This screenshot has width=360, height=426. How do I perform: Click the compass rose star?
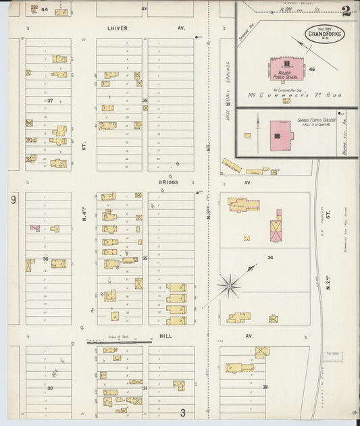(230, 286)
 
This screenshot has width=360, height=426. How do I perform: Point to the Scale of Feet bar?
(118, 342)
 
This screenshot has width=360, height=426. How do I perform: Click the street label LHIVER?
(117, 28)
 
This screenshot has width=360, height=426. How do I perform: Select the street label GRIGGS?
(167, 182)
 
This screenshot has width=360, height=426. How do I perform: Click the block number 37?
(50, 101)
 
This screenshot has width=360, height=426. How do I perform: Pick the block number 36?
(46, 259)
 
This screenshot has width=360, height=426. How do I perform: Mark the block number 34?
(270, 257)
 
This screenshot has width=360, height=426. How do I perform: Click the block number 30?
(49, 388)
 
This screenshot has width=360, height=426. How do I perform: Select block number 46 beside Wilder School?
(312, 70)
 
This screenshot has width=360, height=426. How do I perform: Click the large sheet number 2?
(346, 11)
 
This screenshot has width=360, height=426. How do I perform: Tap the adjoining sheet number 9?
(13, 200)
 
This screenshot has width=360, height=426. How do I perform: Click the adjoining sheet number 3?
(182, 412)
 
